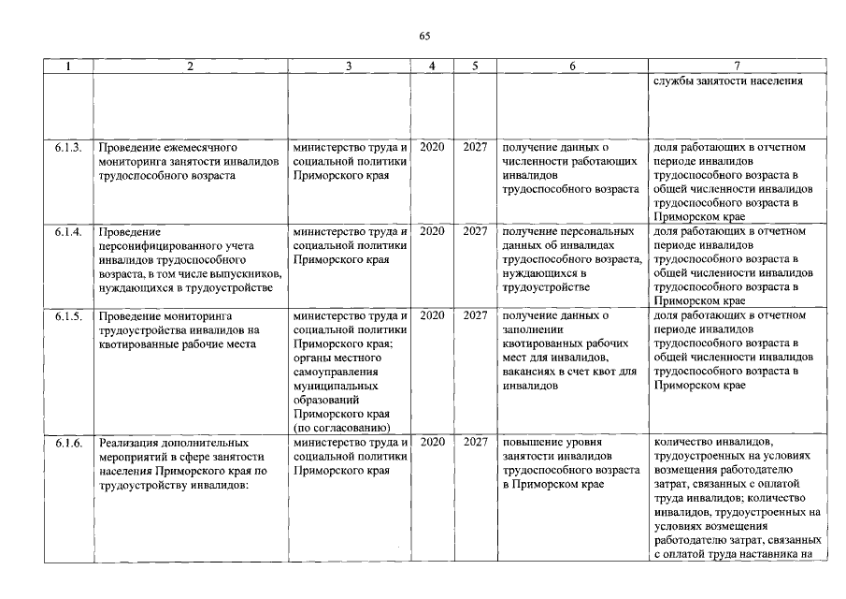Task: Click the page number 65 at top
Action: [x=423, y=36]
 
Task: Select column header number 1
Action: [x=68, y=66]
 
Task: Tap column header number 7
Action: [x=738, y=66]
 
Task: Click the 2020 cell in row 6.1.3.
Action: [x=432, y=147]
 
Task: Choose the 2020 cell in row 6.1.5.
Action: [x=432, y=315]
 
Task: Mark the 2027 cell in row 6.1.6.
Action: [x=475, y=442]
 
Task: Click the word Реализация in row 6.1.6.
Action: [x=130, y=442]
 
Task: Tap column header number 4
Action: [x=432, y=66]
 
